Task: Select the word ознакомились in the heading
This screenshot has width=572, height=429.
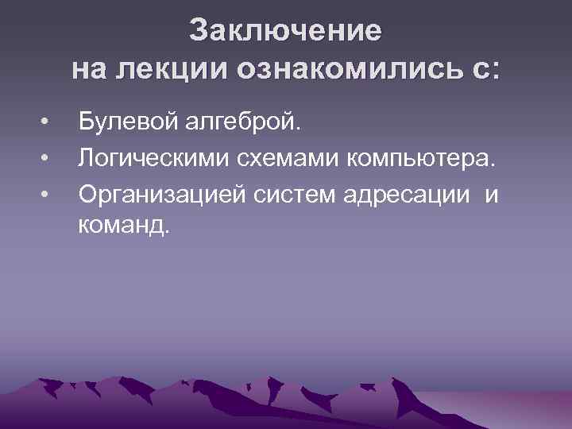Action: click(x=349, y=69)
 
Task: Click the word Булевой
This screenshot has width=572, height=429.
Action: click(x=130, y=123)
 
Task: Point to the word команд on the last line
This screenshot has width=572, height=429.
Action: click(x=119, y=227)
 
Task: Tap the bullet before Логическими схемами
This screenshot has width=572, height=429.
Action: click(x=48, y=160)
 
